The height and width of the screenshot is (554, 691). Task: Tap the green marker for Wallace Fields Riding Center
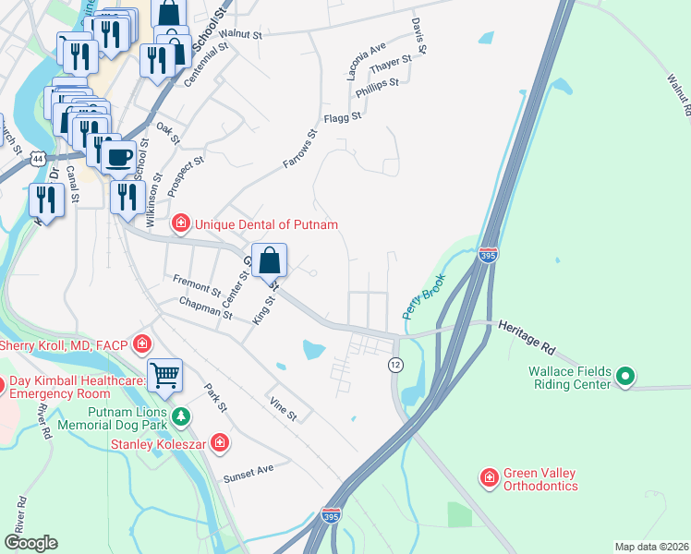tap(625, 376)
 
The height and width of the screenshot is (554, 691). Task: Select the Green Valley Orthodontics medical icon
tap(489, 477)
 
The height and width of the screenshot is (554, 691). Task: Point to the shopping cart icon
tap(164, 375)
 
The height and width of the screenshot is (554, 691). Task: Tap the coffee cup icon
tap(117, 155)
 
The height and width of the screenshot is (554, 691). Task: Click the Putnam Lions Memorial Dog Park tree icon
tap(181, 417)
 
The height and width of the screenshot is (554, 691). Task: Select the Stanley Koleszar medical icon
tap(220, 444)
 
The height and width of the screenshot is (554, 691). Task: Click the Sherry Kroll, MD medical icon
tap(142, 345)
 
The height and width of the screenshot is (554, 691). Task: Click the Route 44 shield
tap(37, 159)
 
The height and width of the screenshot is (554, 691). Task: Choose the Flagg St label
tap(342, 117)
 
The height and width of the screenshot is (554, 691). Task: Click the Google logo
tap(30, 543)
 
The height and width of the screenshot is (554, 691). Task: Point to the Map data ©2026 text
tap(652, 547)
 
